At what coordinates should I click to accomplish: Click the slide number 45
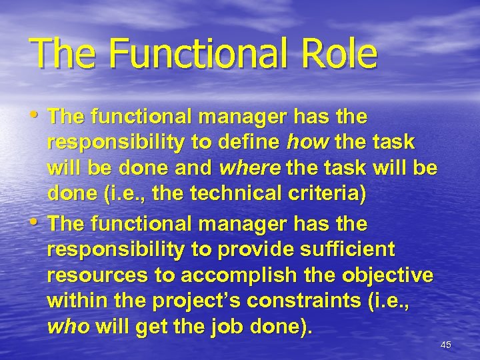[x=446, y=345]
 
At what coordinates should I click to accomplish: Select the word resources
[x=91, y=275]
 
